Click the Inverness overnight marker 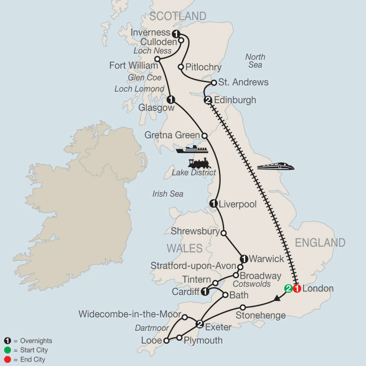click(x=176, y=33)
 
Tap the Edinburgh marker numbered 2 click(x=208, y=100)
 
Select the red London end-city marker click(x=297, y=289)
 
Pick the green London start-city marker click(x=288, y=289)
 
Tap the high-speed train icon click(x=276, y=166)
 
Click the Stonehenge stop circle click(x=243, y=307)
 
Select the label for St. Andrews click(x=243, y=82)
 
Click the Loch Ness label click(x=152, y=51)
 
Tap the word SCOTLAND click(x=178, y=16)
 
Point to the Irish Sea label click(x=168, y=194)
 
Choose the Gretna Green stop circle click(x=205, y=135)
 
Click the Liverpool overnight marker click(x=213, y=204)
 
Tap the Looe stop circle click(x=166, y=341)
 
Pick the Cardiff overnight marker click(x=205, y=292)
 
